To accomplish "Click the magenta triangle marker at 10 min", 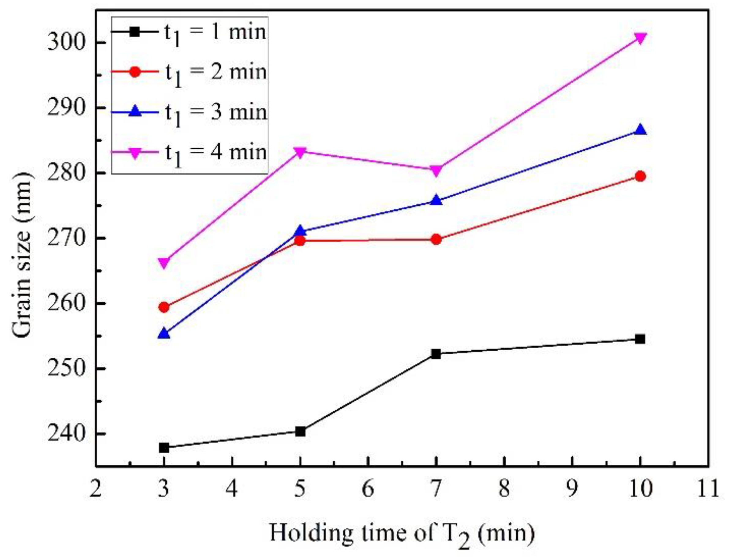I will [x=640, y=38].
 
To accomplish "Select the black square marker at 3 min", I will [x=164, y=448].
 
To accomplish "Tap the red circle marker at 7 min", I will [x=436, y=239].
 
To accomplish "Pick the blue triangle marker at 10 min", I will [x=640, y=130].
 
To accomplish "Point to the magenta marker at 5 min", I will [x=300, y=153].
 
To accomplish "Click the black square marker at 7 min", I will [x=436, y=354].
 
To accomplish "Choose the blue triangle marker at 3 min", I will [x=164, y=333].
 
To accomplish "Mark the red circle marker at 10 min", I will [x=640, y=176].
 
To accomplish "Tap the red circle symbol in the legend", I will [x=135, y=72].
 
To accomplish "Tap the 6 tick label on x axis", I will [x=368, y=489].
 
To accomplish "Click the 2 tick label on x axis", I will [x=96, y=489].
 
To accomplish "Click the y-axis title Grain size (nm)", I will [x=23, y=255].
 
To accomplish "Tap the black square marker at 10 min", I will [x=640, y=339].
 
